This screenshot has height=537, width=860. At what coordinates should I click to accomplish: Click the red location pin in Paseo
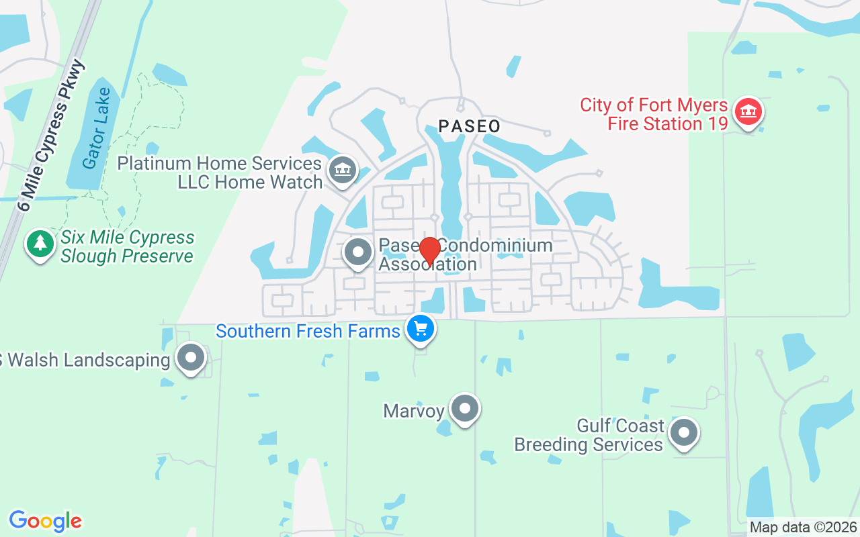point(429,251)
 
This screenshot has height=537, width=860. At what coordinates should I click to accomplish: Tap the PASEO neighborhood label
point(470,126)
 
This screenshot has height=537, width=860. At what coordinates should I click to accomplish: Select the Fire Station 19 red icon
point(746,111)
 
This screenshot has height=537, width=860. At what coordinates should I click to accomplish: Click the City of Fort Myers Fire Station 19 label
point(654,115)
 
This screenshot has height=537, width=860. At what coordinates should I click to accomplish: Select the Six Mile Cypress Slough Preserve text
point(127,247)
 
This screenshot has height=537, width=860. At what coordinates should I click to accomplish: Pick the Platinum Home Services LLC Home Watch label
point(220,173)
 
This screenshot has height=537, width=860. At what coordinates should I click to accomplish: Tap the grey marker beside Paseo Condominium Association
point(358,253)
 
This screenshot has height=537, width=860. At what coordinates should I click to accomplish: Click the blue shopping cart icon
point(421,329)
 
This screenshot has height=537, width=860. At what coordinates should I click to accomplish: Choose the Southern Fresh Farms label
point(308,331)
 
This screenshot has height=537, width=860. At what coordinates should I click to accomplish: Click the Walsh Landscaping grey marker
point(191,358)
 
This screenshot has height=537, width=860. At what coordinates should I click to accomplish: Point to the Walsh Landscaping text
point(84,360)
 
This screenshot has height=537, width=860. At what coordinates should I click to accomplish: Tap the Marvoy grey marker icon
point(464,408)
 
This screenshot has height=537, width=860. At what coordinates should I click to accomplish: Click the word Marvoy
point(414,411)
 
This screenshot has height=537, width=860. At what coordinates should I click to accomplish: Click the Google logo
point(45,521)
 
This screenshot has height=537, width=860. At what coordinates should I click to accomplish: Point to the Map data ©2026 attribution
point(803,528)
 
